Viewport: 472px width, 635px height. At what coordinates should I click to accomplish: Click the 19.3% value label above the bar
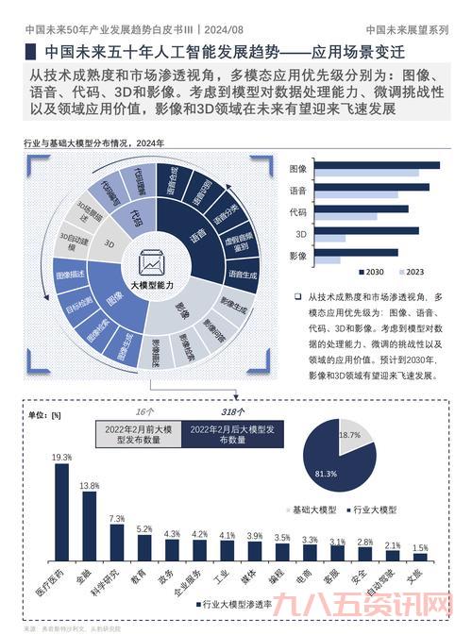[x=61, y=457]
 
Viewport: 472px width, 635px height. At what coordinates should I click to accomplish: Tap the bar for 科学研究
[x=116, y=543]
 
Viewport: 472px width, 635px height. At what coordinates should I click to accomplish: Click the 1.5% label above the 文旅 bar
[x=419, y=547]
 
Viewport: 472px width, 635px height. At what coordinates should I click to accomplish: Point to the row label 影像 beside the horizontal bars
[x=297, y=256]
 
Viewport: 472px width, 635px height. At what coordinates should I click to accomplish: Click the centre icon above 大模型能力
[x=151, y=261]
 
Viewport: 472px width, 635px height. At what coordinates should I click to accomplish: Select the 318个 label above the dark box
[x=232, y=411]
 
